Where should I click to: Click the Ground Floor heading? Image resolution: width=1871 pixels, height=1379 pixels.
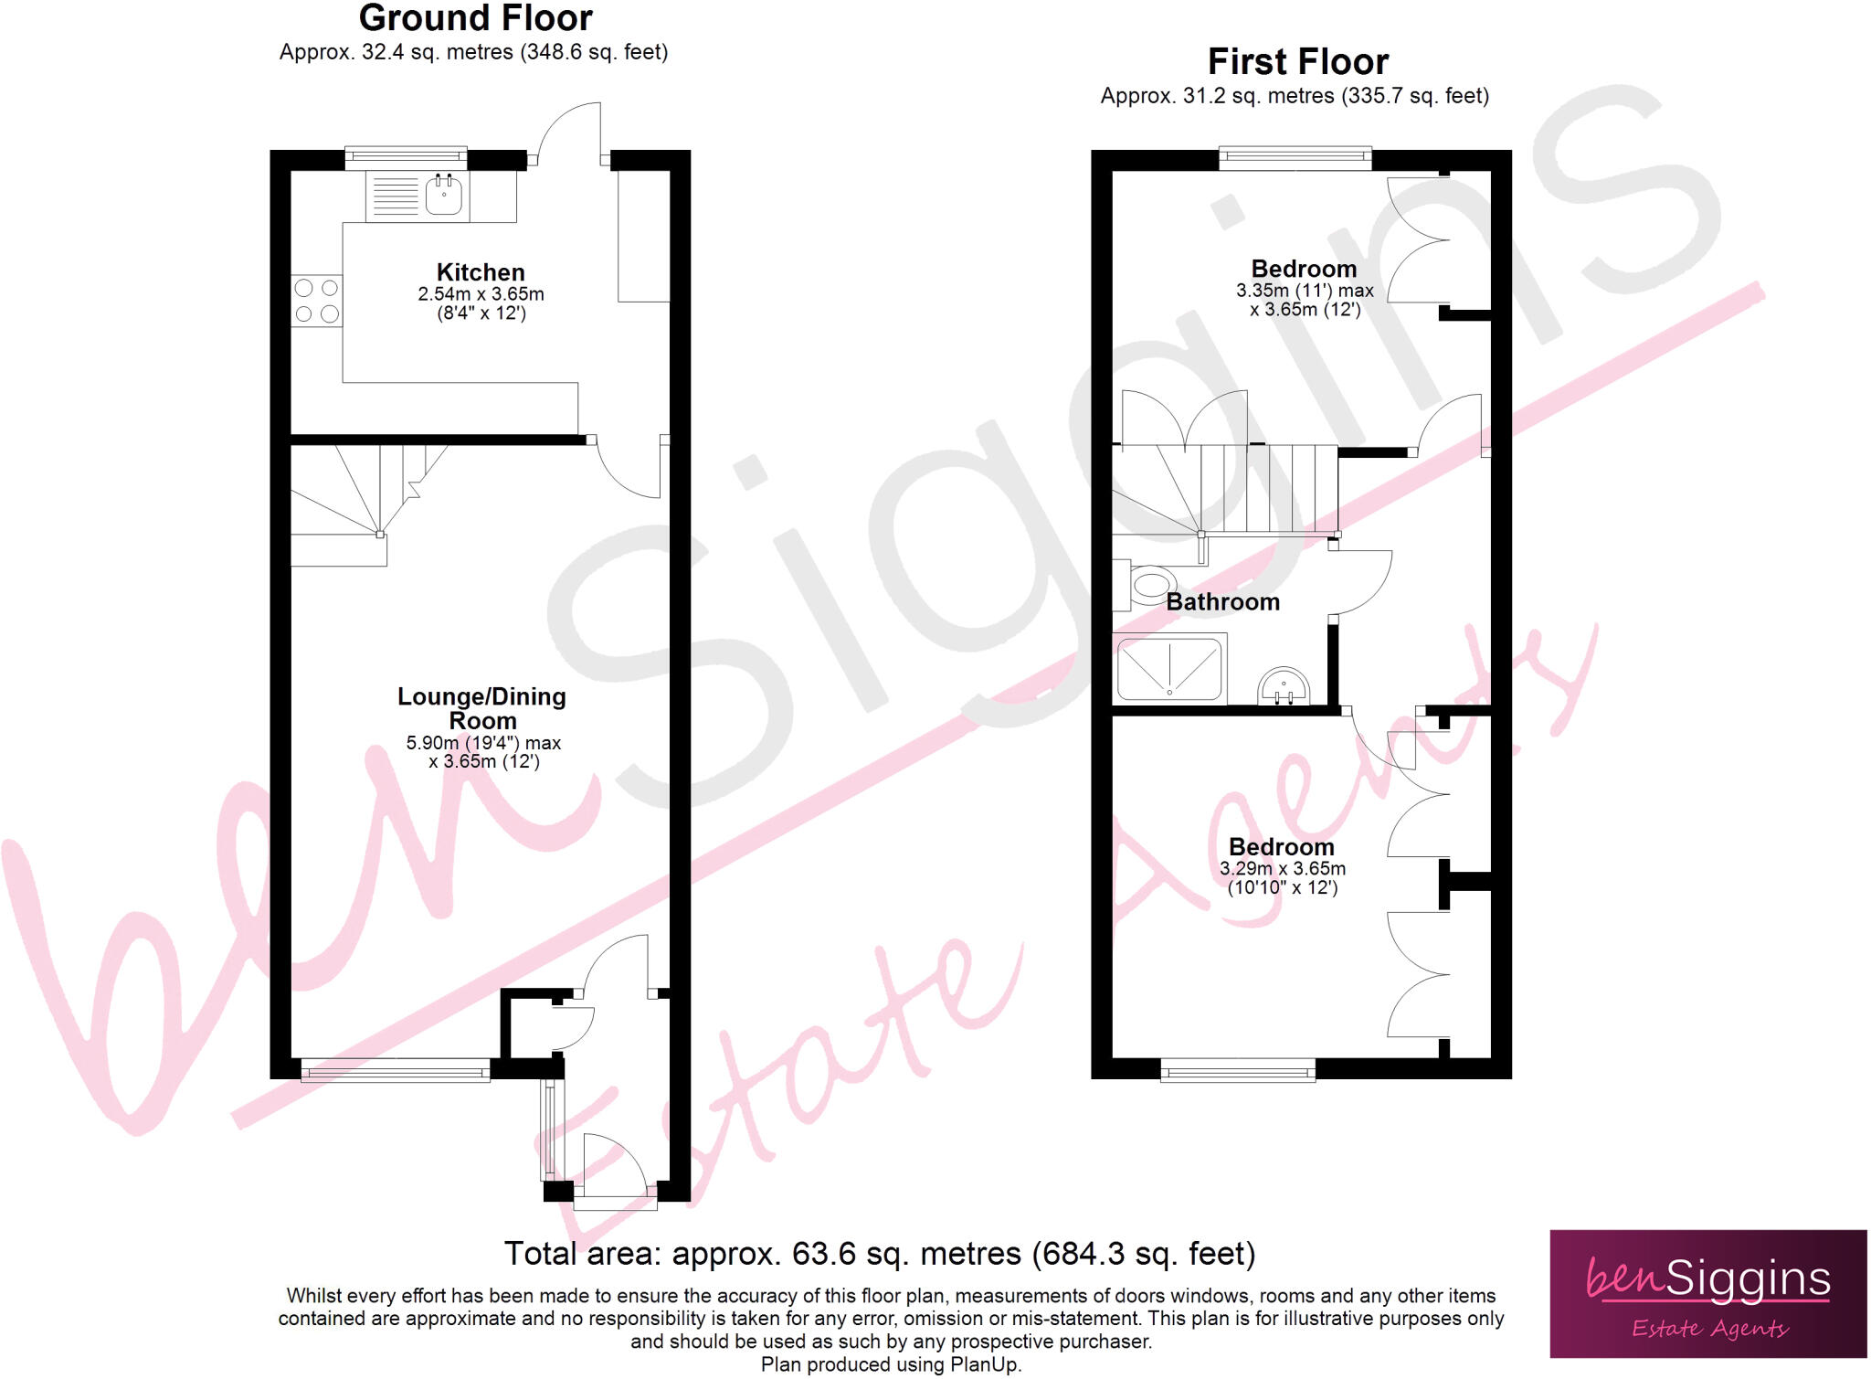pyautogui.click(x=475, y=18)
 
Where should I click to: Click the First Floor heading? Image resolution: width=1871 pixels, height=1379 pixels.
pyautogui.click(x=1298, y=62)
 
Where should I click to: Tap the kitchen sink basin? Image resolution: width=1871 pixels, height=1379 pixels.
pyautogui.click(x=444, y=194)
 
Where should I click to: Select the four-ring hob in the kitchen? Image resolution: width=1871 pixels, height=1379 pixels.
pyautogui.click(x=317, y=301)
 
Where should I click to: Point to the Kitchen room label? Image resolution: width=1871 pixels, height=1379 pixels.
pyautogui.click(x=481, y=272)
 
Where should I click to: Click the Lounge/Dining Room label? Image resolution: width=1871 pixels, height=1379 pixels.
pyautogui.click(x=481, y=708)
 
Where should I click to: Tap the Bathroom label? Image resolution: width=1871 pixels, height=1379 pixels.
pyautogui.click(x=1222, y=601)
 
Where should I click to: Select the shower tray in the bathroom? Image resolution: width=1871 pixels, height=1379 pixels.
pyautogui.click(x=1169, y=669)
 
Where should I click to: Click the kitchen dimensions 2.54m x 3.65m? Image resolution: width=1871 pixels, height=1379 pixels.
pyautogui.click(x=481, y=294)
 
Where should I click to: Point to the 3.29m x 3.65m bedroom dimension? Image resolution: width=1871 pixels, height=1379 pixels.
pyautogui.click(x=1283, y=868)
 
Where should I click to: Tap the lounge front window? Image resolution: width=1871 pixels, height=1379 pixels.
pyautogui.click(x=396, y=1070)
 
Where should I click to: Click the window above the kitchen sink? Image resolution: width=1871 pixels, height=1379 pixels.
pyautogui.click(x=406, y=158)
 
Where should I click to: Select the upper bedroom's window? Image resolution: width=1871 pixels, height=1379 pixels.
pyautogui.click(x=1295, y=158)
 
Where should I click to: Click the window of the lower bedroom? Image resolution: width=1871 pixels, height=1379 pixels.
pyautogui.click(x=1238, y=1070)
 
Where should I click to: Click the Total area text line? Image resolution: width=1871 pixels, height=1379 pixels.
pyautogui.click(x=880, y=1254)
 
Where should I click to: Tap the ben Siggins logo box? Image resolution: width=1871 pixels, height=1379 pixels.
pyautogui.click(x=1708, y=1293)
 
